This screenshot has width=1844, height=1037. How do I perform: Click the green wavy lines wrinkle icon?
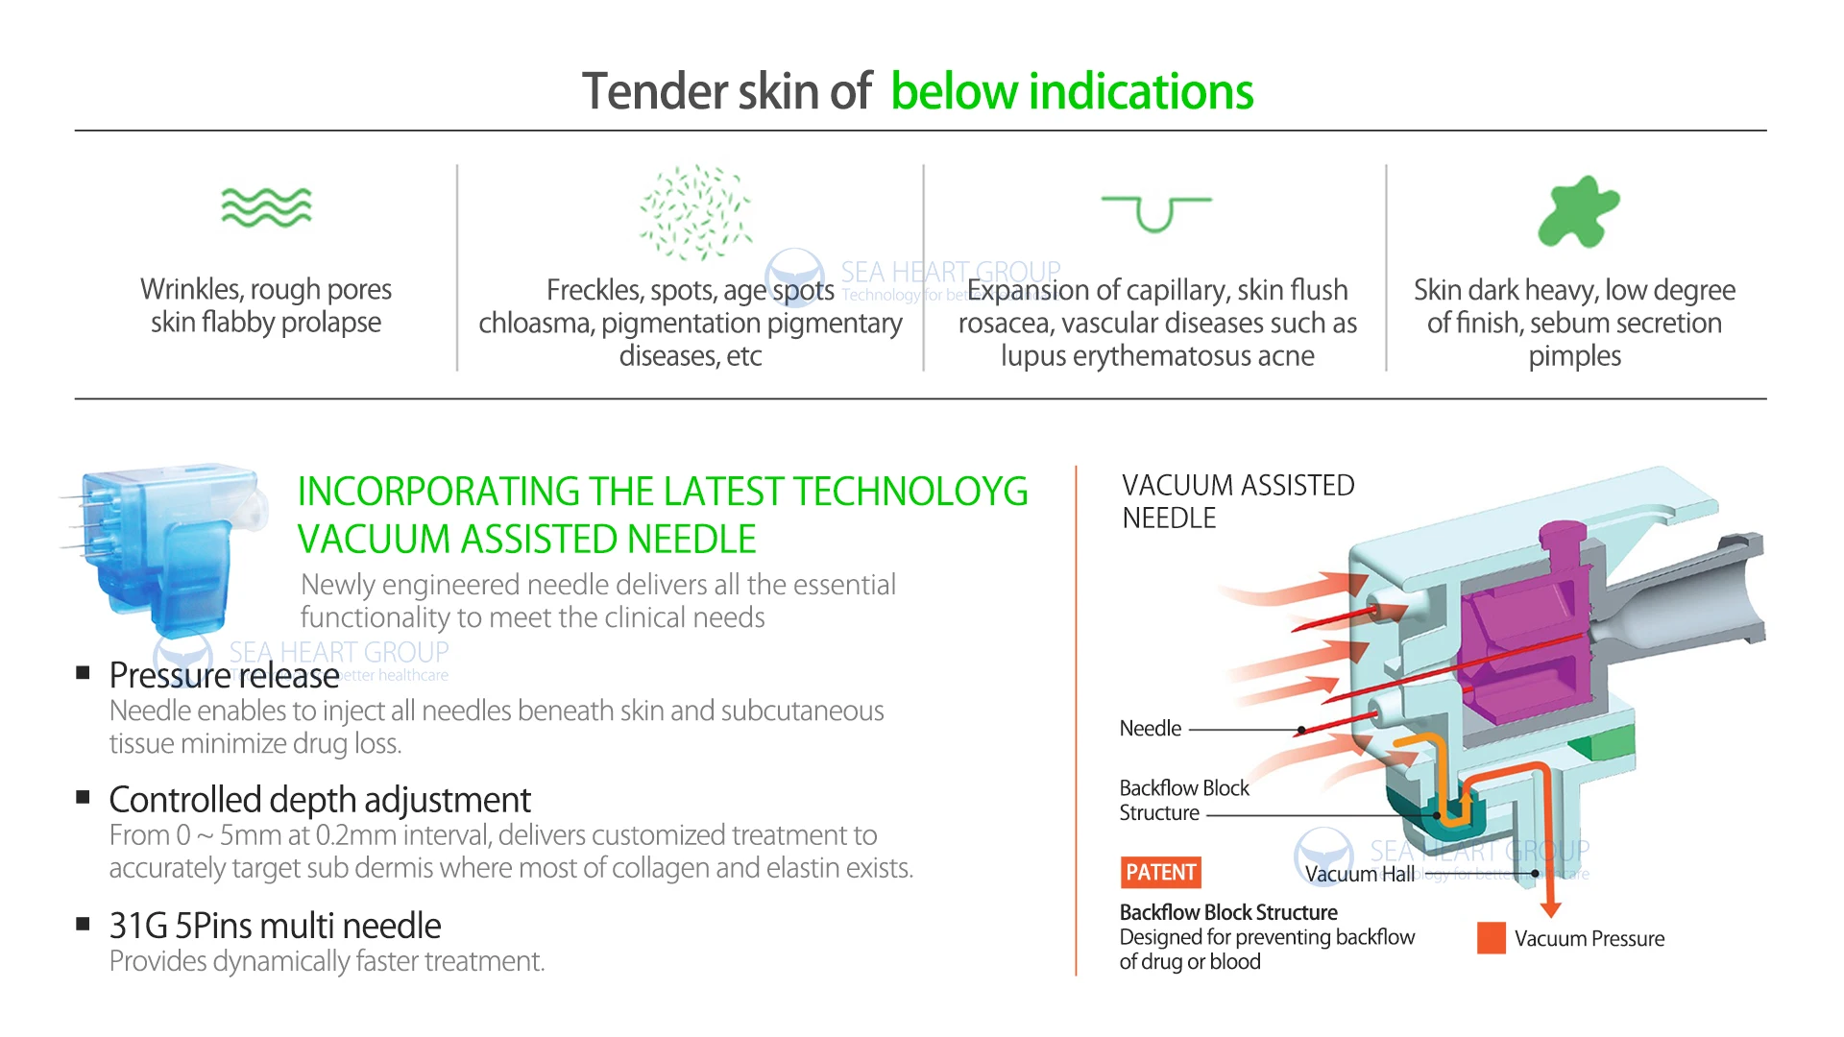point(266,207)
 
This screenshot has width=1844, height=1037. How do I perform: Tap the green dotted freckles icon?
point(696,212)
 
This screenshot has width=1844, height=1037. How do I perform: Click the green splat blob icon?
point(1578,211)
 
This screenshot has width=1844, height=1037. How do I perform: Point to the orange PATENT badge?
point(1161,872)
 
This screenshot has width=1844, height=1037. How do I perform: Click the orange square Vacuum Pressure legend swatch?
point(1492,938)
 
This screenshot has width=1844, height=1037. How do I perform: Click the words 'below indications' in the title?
point(1072,92)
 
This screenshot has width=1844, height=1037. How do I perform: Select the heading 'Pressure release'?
point(224,675)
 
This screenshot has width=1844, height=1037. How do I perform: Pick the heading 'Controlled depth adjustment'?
point(320,800)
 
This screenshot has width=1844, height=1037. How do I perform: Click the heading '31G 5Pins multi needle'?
point(275,926)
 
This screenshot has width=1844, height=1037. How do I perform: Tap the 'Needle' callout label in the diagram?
point(1151,729)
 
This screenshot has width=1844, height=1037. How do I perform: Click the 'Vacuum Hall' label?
point(1360,874)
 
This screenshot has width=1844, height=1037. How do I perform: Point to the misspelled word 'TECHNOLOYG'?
point(910,492)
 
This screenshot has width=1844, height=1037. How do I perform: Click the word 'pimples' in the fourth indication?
point(1574,356)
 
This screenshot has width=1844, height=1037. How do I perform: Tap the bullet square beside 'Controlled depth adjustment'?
point(84,797)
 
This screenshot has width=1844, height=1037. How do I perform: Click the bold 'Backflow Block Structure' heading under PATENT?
point(1228,912)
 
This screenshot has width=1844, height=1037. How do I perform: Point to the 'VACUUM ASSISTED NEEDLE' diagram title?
point(1238,501)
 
